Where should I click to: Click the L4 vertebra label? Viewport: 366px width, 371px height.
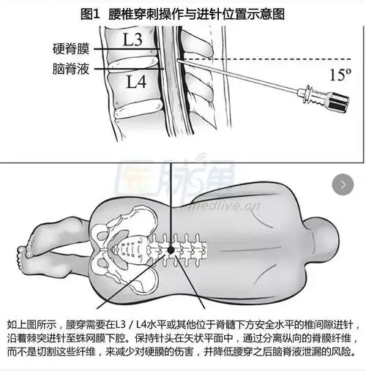pos(136,82)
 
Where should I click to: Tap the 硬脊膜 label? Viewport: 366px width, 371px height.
pos(70,50)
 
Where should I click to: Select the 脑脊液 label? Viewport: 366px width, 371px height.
pos(70,70)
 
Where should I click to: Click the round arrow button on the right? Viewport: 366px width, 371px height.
pos(343,184)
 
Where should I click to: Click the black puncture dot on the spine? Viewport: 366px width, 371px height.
pos(171,250)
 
